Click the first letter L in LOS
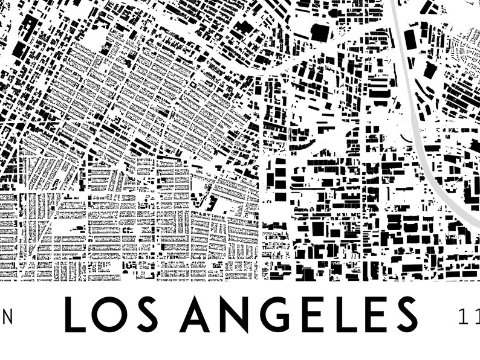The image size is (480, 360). [76, 315]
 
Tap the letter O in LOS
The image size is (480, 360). [112, 315]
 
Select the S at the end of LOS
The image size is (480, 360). [149, 315]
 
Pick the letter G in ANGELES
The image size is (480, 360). [273, 315]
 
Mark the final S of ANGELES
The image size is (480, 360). [404, 315]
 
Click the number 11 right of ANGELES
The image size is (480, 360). [469, 315]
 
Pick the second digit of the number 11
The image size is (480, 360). [475, 315]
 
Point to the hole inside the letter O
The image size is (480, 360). [112, 315]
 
